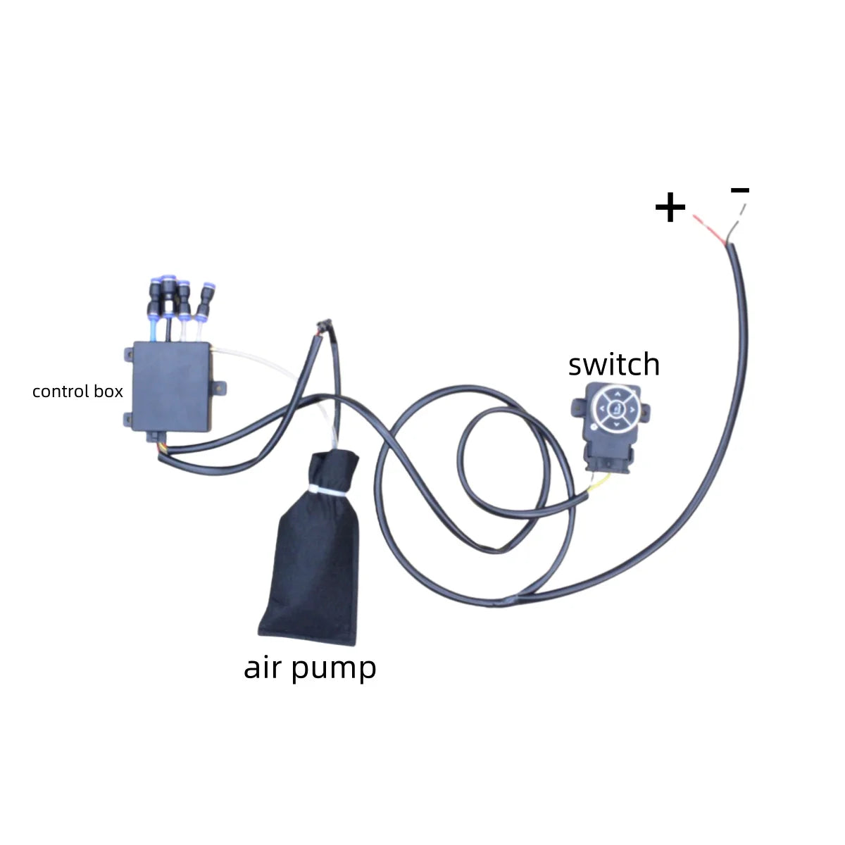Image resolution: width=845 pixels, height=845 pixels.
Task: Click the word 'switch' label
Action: point(614,365)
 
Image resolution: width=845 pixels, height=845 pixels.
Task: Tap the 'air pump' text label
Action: point(310,667)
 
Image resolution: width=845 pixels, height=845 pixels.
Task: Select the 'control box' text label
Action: point(77,392)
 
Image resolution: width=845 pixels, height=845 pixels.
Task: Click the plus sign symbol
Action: point(670,208)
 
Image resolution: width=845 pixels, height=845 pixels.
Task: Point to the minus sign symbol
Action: point(740,189)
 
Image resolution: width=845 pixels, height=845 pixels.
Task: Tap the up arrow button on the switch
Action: point(617,394)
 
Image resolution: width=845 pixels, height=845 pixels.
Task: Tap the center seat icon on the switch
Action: point(617,408)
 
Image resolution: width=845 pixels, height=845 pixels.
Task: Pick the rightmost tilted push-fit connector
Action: point(205,300)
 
